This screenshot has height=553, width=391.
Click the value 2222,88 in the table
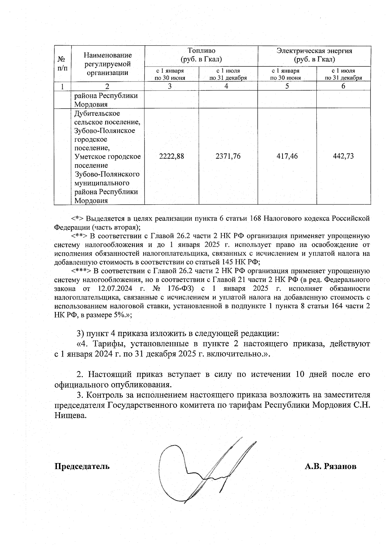click(171, 156)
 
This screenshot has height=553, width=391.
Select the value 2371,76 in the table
click(228, 156)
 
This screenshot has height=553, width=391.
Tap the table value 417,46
click(287, 156)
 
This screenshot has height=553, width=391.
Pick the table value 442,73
click(343, 156)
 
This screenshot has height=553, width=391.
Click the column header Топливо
click(201, 51)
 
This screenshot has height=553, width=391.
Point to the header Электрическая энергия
click(314, 51)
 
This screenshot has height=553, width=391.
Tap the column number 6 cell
click(343, 86)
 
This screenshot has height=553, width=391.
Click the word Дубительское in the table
click(97, 113)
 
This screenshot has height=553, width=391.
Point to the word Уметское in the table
click(89, 157)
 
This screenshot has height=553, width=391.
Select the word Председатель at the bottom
click(82, 466)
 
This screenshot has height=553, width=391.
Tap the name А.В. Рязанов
click(330, 466)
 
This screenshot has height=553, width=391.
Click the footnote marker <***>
click(81, 271)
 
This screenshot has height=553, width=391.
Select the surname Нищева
click(71, 415)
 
